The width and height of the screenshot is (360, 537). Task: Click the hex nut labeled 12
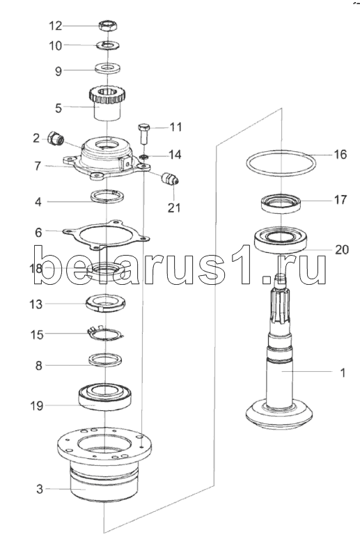pyautogui.click(x=108, y=25)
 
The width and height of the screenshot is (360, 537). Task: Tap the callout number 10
pyautogui.click(x=56, y=45)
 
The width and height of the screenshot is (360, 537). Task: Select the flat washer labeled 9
pyautogui.click(x=107, y=67)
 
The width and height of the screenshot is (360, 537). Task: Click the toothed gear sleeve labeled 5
pyautogui.click(x=107, y=102)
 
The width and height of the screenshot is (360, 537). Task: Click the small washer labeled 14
pyautogui.click(x=144, y=157)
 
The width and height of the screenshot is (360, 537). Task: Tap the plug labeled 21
pyautogui.click(x=169, y=178)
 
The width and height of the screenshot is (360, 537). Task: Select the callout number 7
pyautogui.click(x=38, y=166)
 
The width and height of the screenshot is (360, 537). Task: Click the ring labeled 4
pyautogui.click(x=107, y=196)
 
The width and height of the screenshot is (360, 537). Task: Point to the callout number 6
pyautogui.click(x=38, y=233)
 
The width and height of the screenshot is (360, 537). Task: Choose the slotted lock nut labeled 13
pyautogui.click(x=105, y=303)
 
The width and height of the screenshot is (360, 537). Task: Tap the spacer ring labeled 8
pyautogui.click(x=105, y=359)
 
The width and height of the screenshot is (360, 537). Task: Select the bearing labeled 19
pyautogui.click(x=105, y=396)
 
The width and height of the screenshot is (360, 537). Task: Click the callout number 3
pyautogui.click(x=40, y=489)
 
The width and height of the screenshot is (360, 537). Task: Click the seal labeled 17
pyautogui.click(x=281, y=203)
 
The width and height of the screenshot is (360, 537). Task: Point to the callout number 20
pyautogui.click(x=341, y=249)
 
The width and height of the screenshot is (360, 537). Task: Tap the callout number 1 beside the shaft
pyautogui.click(x=343, y=373)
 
